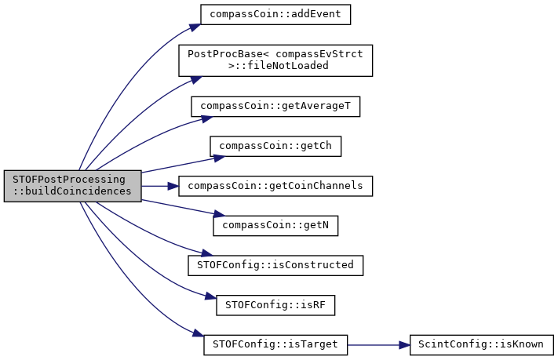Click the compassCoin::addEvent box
(275, 15)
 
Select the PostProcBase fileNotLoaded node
(275, 60)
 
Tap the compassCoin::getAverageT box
(275, 107)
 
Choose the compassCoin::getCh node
(275, 146)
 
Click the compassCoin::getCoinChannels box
(275, 186)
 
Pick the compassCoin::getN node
(275, 226)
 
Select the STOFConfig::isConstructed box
(275, 265)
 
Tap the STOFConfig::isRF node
(275, 305)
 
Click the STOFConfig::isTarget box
(275, 344)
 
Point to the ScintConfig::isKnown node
(482, 344)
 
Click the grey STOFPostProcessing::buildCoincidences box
(73, 186)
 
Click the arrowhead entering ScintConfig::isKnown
(404, 345)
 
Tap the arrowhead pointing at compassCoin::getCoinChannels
(173, 186)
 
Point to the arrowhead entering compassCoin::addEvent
(195, 27)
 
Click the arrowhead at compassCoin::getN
(219, 214)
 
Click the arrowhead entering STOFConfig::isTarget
(199, 333)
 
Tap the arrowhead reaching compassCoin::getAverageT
(207, 118)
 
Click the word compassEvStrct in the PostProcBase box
(319, 54)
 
